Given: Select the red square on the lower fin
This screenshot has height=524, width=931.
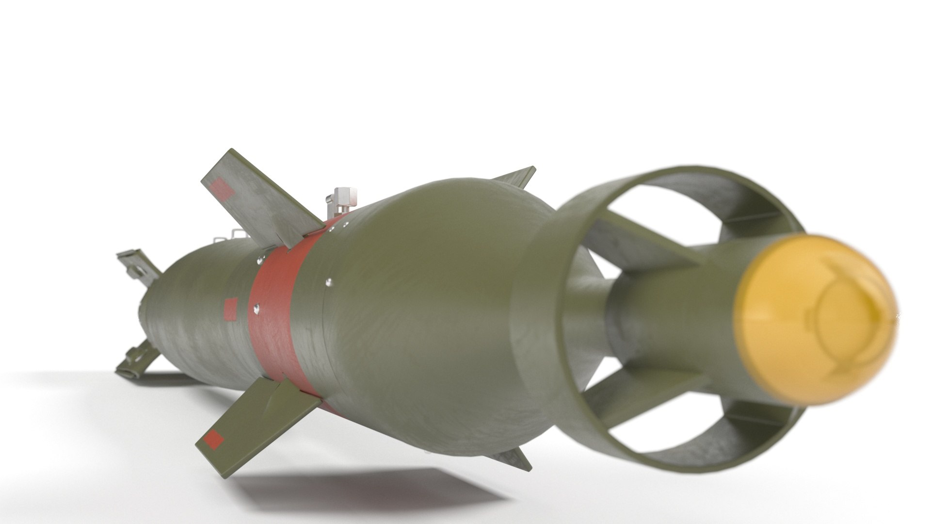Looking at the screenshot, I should point(214,439).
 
